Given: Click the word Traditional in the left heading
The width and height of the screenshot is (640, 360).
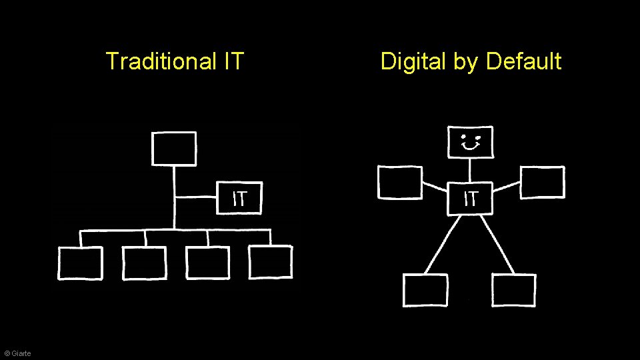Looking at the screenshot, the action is (161, 61).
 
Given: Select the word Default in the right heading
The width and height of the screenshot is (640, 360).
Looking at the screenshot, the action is (524, 61).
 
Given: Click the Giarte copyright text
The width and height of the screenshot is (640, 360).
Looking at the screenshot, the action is (17, 353).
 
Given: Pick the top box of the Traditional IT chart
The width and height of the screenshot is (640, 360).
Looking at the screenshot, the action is (174, 148).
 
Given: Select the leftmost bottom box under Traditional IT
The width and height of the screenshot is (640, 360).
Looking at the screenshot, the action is (80, 263).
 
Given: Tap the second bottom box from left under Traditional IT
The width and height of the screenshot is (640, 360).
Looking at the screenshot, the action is (145, 263).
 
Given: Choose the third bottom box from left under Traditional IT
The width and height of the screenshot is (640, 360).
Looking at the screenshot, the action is (207, 263).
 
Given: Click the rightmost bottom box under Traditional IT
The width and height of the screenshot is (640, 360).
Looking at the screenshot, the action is (271, 262).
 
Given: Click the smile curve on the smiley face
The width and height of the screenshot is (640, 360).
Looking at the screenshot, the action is (471, 147).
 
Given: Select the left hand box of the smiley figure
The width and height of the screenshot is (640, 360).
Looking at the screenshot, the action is (399, 183).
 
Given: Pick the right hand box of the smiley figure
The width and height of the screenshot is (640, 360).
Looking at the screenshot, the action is (542, 183).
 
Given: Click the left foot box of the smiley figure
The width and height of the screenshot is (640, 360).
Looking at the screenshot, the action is (425, 290).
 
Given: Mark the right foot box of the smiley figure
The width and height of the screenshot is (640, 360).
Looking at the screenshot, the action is (514, 290).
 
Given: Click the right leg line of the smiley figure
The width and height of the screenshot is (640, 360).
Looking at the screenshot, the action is (497, 244).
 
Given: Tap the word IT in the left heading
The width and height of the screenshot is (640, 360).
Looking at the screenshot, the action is (234, 61).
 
